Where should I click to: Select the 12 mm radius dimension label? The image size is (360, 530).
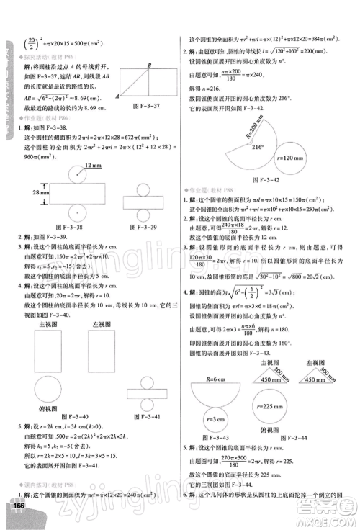click(x=91, y=165)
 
